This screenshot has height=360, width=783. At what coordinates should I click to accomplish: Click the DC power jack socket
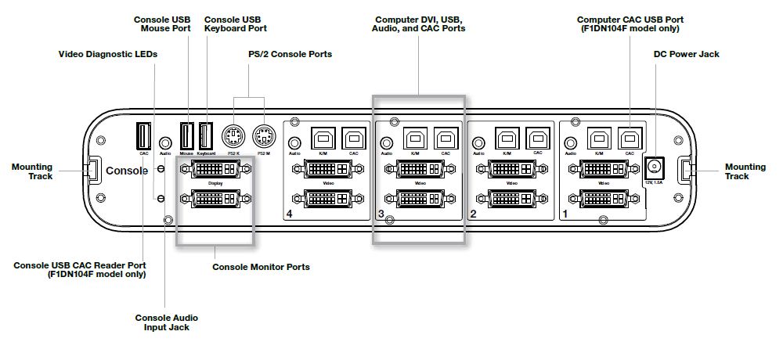click(x=654, y=167)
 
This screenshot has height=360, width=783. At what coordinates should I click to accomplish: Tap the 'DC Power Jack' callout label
click(x=686, y=54)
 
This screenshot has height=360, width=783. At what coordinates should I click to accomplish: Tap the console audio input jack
click(x=165, y=142)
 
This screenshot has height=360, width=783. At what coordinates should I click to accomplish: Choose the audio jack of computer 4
click(x=294, y=143)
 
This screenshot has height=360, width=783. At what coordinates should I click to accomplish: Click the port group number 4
click(x=290, y=214)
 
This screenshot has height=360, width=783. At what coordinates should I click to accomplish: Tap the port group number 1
click(x=565, y=214)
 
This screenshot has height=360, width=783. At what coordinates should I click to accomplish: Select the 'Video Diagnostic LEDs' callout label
click(x=108, y=54)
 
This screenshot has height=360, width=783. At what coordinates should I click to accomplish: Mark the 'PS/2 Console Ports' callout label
click(x=284, y=54)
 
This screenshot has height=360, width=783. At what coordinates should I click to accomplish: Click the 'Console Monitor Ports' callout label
click(x=261, y=267)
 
